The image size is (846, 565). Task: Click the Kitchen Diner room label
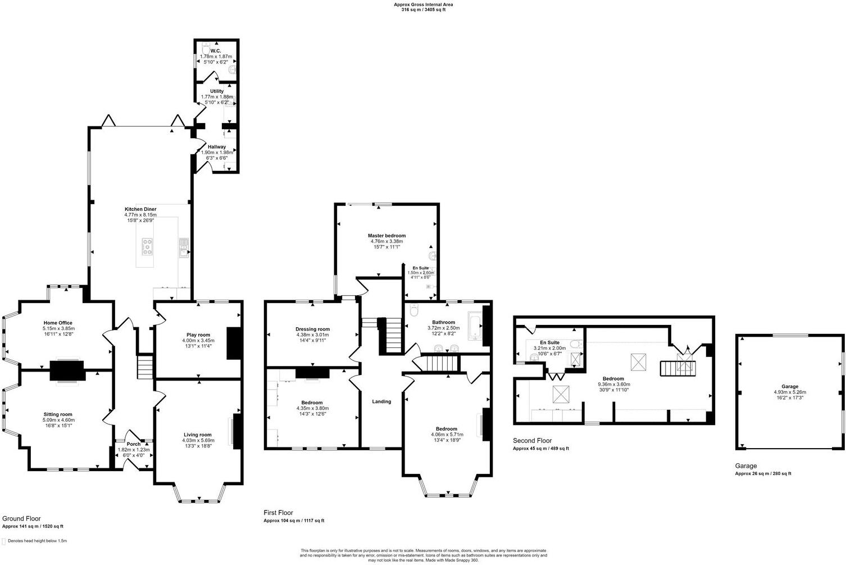click(140, 209)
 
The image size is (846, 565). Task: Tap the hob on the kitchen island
click(147, 246)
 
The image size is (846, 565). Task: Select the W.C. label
click(216, 51)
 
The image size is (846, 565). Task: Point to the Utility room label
click(217, 91)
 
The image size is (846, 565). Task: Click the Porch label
click(134, 444)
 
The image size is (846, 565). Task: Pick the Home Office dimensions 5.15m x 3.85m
click(58, 328)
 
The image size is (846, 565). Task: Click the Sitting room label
click(58, 414)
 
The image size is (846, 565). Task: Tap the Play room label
click(198, 335)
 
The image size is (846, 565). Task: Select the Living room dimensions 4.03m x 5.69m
click(198, 440)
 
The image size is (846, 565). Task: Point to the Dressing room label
click(313, 329)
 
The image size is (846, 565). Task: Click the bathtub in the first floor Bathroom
click(475, 326)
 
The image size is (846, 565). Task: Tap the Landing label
click(381, 401)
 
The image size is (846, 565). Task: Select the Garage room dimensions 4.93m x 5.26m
click(790, 392)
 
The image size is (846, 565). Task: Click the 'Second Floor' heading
click(532, 441)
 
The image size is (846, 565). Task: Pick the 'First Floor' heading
click(279, 513)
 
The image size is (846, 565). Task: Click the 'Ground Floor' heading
click(21, 518)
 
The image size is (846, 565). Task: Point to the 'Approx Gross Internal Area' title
click(424, 4)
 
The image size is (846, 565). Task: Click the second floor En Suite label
click(549, 342)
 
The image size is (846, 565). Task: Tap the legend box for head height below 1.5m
click(4, 541)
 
